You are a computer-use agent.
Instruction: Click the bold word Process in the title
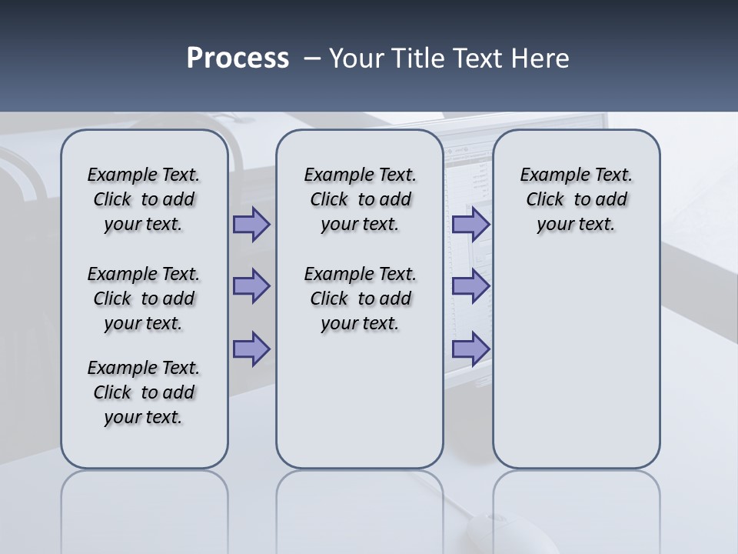pos(238,58)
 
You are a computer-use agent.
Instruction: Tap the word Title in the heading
pos(420,58)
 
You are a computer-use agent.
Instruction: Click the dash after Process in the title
pos(312,58)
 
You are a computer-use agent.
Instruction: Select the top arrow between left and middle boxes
pos(251,224)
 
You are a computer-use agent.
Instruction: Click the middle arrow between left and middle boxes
pos(251,286)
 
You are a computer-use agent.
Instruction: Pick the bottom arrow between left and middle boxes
pos(251,349)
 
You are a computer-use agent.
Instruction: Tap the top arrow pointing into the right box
pos(470,224)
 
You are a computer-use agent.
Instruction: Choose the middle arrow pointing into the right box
pos(470,286)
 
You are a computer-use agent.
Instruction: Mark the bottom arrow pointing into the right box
pos(470,349)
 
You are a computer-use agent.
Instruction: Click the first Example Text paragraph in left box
pos(144,199)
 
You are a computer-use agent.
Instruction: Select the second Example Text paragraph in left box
pos(144,299)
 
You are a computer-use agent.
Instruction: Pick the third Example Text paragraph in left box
pos(144,392)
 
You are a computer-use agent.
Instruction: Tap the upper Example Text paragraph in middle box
pos(360,199)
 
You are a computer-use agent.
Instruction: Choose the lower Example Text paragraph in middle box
pos(360,299)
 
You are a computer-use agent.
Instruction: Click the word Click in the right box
pos(545,199)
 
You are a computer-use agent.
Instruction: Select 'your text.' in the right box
pos(576,224)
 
